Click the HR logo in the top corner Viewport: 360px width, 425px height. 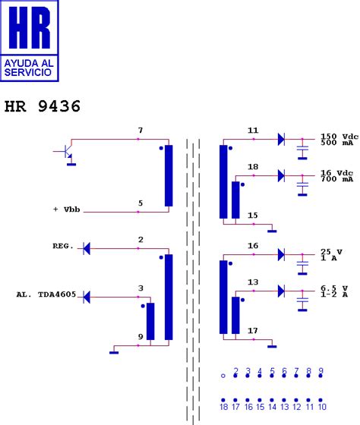tap(32, 42)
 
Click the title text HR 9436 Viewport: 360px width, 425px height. tap(43, 106)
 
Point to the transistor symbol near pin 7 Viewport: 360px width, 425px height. tap(67, 153)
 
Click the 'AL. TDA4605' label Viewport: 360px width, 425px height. tap(46, 295)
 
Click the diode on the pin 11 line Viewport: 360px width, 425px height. tap(280, 139)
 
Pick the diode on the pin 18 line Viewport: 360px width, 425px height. tap(280, 175)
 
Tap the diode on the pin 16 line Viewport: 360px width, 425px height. tap(280, 254)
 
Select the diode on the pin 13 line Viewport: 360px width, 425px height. tap(280, 291)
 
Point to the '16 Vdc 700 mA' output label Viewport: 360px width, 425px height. tap(336, 175)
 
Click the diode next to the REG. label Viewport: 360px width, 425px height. tap(86, 248)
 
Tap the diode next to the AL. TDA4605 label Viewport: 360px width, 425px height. tap(86, 295)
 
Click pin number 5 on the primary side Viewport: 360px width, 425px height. tap(140, 203)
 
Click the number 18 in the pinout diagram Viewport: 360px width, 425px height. tap(223, 408)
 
